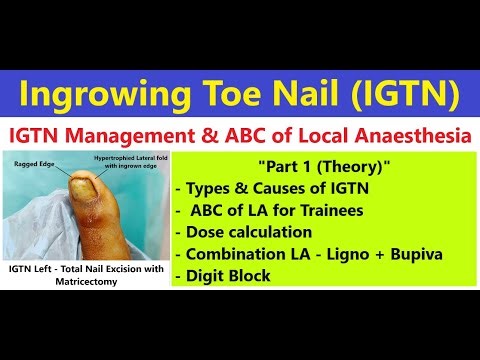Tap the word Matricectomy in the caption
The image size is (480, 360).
click(x=85, y=283)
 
